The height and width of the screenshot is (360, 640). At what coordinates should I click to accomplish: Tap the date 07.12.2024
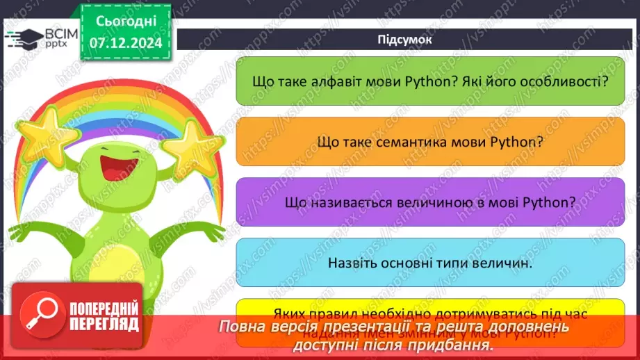(x=126, y=43)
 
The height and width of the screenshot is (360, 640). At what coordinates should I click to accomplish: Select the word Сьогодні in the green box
(x=126, y=22)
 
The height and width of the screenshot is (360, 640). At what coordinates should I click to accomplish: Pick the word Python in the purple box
(x=550, y=202)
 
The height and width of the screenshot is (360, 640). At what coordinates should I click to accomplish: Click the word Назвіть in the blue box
(x=350, y=263)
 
